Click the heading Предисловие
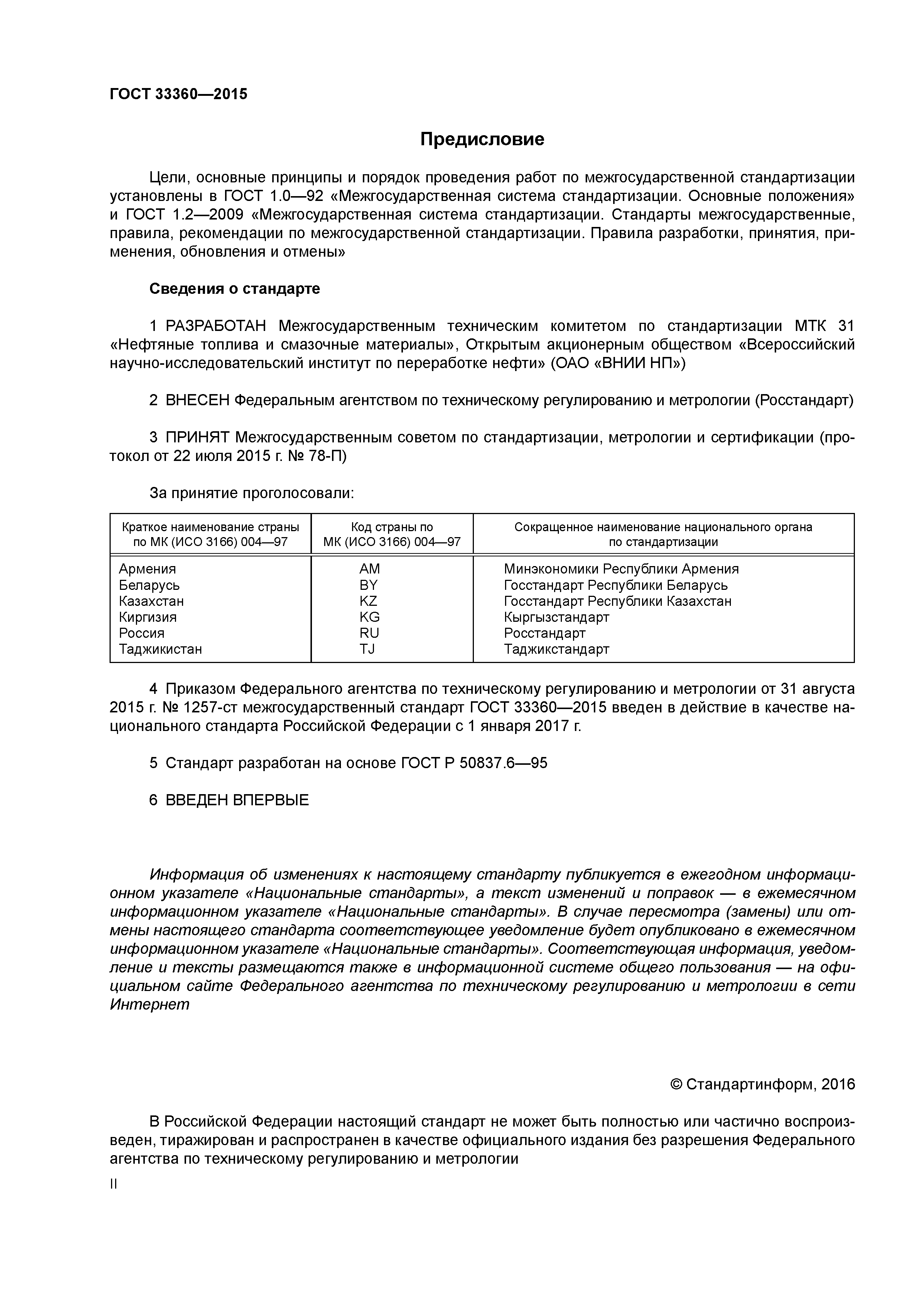pyautogui.click(x=482, y=139)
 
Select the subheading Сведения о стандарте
pyautogui.click(x=234, y=289)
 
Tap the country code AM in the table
pyautogui.click(x=370, y=569)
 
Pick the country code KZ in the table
pyautogui.click(x=368, y=601)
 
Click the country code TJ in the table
pyautogui.click(x=367, y=649)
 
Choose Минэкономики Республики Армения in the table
pyautogui.click(x=621, y=569)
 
